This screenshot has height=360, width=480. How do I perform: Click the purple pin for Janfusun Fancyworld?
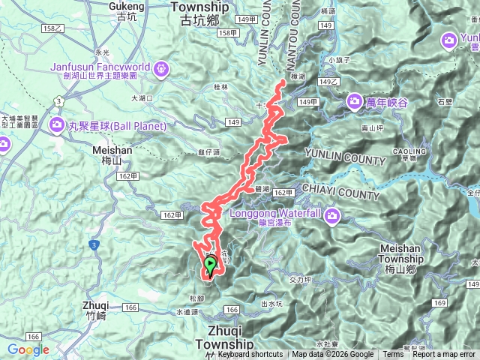pos(161,70)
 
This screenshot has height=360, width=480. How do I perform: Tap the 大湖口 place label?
pos(141,98)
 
